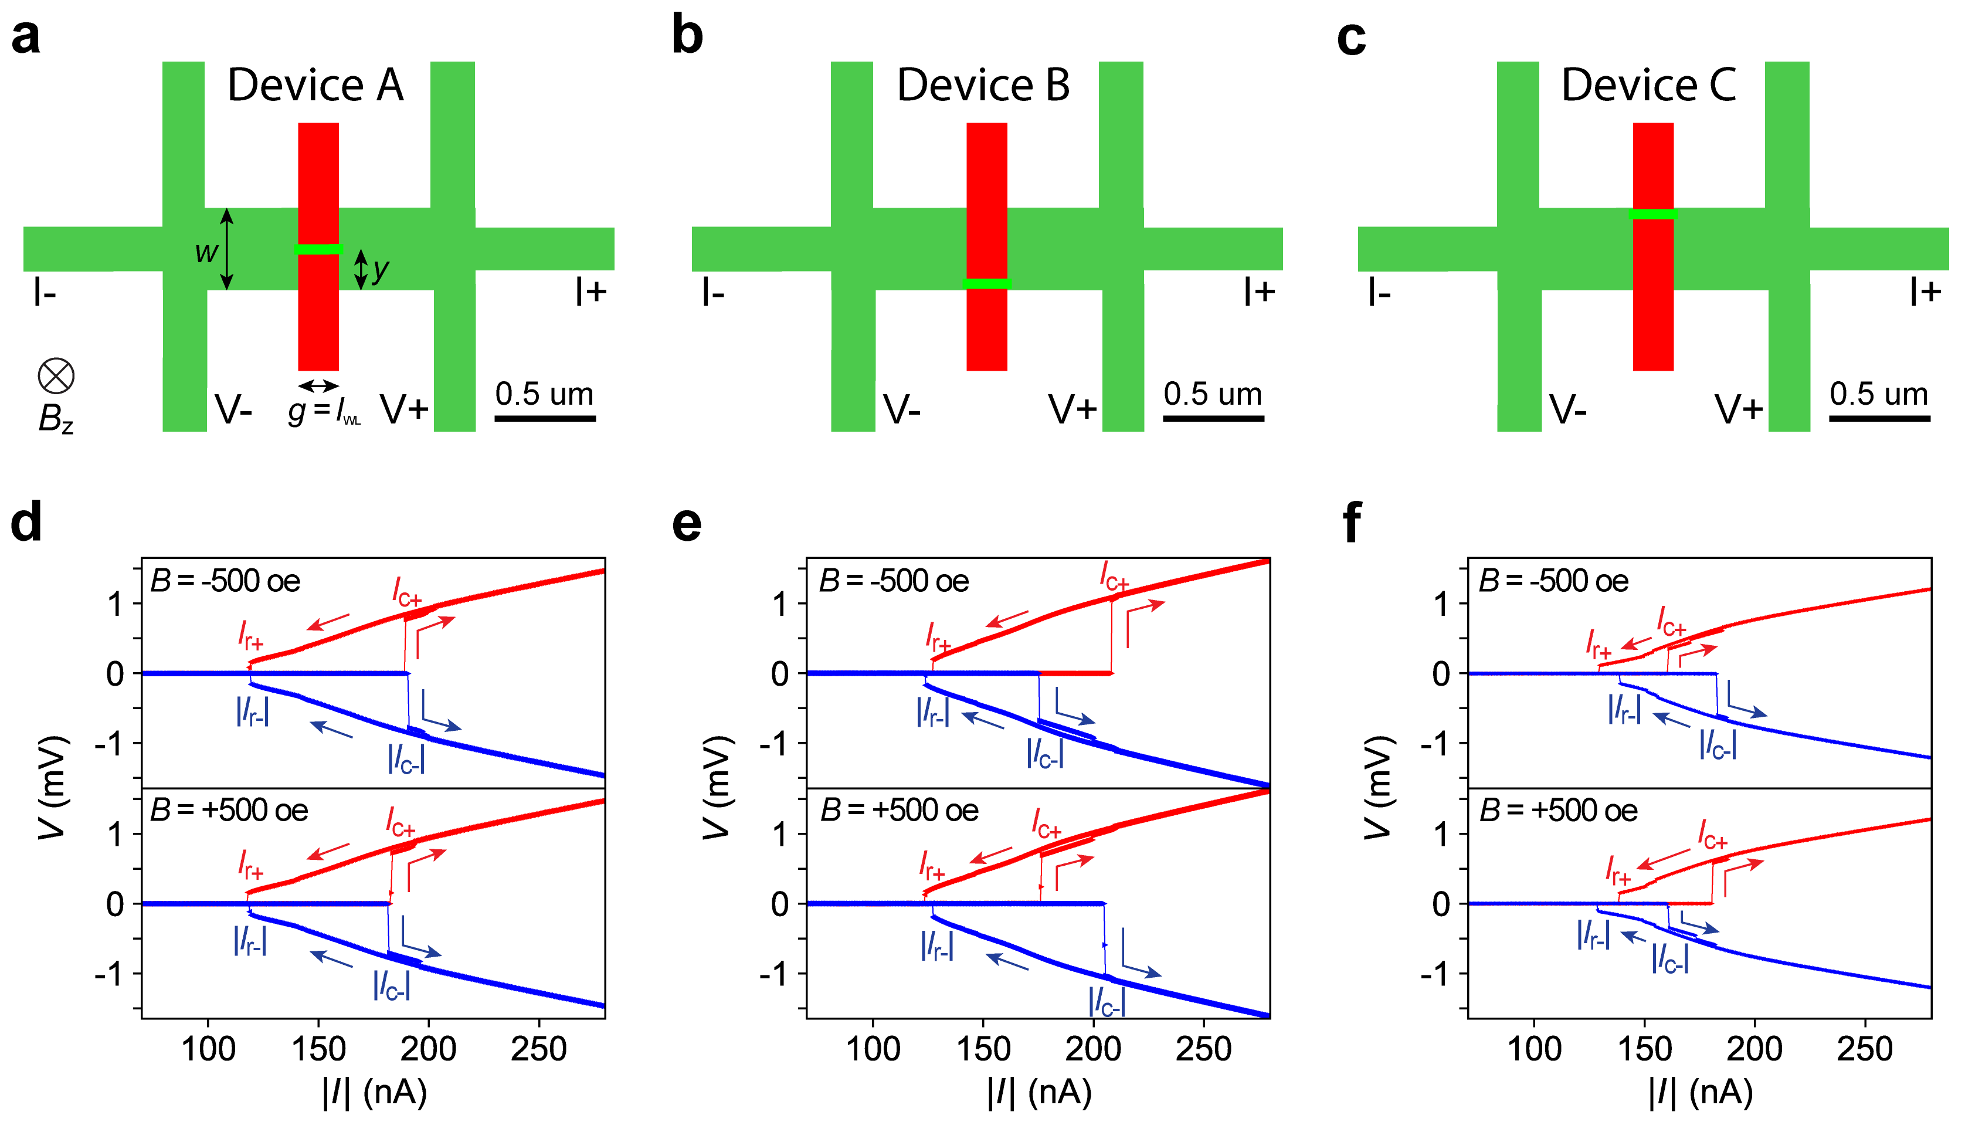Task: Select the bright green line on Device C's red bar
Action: tap(1652, 215)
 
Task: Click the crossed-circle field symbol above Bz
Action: tap(56, 377)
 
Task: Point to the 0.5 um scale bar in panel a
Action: tap(545, 418)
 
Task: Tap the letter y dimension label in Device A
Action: tap(380, 270)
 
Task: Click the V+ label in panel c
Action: tap(1739, 410)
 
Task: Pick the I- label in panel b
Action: tap(713, 293)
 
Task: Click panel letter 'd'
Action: tap(26, 523)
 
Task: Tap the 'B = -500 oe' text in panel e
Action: tap(894, 581)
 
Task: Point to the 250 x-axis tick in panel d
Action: tap(539, 1049)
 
